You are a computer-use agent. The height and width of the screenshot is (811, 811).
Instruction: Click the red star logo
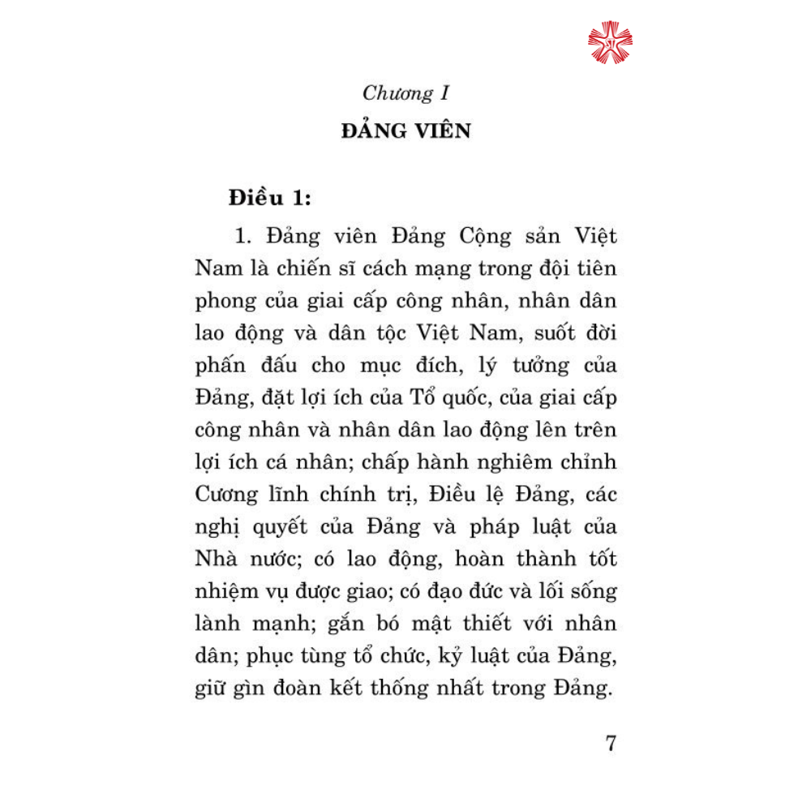click(x=610, y=42)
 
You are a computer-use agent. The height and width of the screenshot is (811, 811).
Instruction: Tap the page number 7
click(x=611, y=743)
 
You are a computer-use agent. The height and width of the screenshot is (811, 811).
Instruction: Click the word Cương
click(x=226, y=494)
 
